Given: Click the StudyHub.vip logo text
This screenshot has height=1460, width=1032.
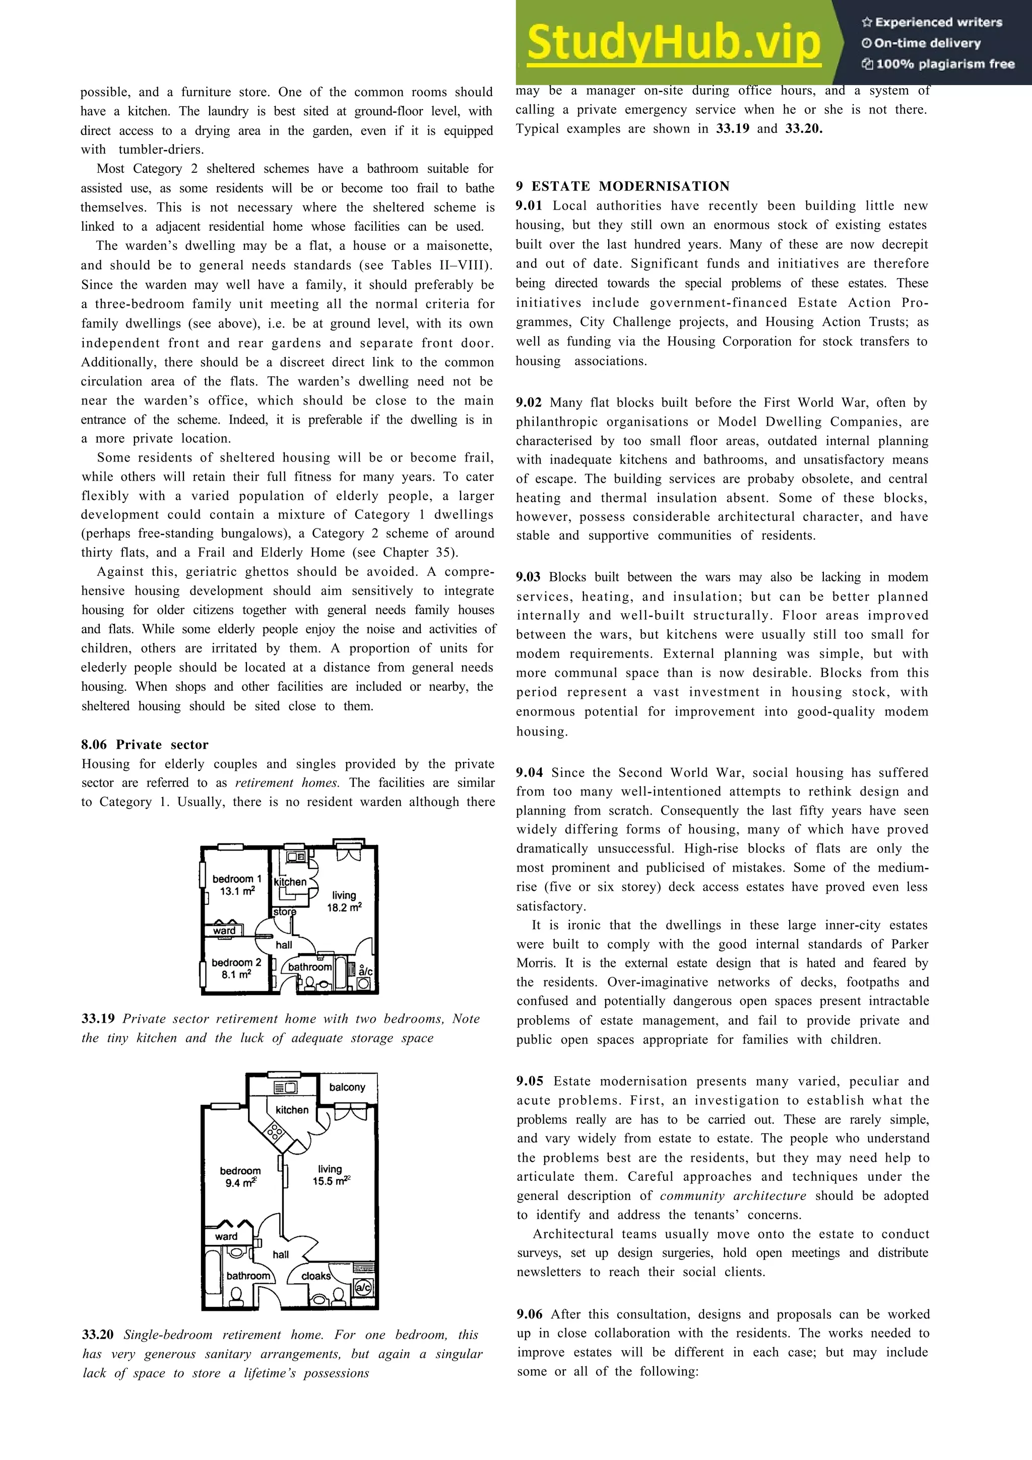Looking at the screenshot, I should (673, 42).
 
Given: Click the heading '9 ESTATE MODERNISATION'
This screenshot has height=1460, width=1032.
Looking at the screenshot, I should (622, 186).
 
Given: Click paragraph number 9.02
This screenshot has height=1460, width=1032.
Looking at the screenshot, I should (529, 403).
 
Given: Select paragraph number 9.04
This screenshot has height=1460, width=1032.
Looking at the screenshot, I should (529, 773).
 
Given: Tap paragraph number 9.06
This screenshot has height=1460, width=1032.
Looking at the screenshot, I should (530, 1314).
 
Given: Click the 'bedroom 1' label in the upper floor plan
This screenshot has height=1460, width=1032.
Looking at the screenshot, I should (236, 879).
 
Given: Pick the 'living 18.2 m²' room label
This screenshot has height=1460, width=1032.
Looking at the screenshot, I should (344, 902).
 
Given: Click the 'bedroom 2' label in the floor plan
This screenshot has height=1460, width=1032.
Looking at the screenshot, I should (236, 963).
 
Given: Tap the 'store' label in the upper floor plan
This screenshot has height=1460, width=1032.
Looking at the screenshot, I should (284, 911).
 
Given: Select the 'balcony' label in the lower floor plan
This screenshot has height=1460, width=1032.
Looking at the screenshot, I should (347, 1087).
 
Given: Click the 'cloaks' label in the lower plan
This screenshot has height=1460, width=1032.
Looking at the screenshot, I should (315, 1276).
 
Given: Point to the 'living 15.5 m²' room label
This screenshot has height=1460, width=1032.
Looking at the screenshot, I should (331, 1175).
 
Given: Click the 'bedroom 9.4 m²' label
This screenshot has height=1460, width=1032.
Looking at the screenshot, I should (240, 1177).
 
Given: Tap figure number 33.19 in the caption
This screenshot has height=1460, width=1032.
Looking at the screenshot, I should (98, 1019).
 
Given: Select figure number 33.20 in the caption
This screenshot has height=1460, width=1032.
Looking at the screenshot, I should (98, 1335).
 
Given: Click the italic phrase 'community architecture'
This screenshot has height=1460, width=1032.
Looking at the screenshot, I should (733, 1196).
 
